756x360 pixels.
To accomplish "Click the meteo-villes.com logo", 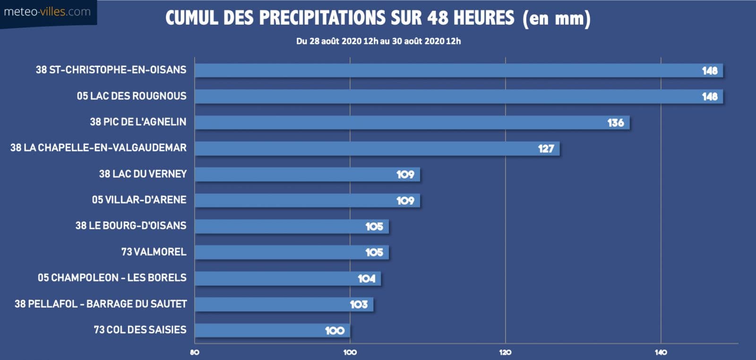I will [47, 12].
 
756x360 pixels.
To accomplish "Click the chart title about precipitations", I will [378, 18].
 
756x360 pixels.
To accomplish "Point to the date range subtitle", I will [378, 41].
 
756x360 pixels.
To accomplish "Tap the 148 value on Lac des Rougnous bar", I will [709, 96].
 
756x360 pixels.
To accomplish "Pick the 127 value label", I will [546, 149].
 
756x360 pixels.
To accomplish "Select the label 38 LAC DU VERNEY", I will [143, 174].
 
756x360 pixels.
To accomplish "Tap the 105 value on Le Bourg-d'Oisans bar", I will [374, 227].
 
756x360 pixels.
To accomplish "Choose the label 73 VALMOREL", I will [154, 252].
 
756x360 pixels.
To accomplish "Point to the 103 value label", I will [359, 305].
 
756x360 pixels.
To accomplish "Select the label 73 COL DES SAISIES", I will [140, 330].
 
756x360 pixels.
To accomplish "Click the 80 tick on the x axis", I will [194, 352].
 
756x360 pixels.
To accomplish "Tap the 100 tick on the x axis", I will [350, 352].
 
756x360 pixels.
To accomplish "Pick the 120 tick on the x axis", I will [505, 352].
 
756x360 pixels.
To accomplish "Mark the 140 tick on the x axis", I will [661, 352].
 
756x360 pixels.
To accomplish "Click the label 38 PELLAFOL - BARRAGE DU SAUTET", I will [101, 304].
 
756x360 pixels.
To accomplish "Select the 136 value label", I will [615, 123].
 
